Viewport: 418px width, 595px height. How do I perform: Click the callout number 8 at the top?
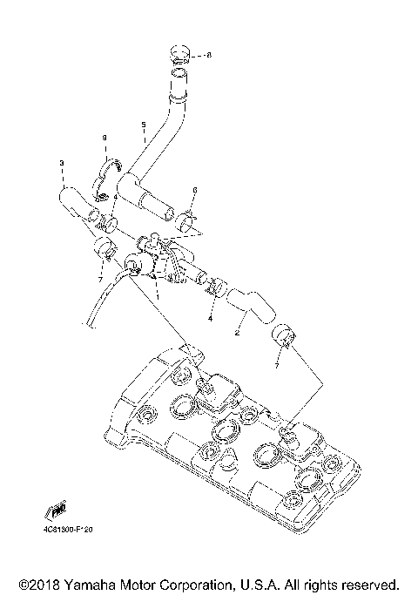[x=208, y=55]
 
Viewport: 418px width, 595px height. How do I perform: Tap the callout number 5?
[x=143, y=125]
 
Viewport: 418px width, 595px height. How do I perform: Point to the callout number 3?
[x=62, y=163]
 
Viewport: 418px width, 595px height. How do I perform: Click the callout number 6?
[x=195, y=190]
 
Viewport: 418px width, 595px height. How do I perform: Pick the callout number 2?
[x=237, y=332]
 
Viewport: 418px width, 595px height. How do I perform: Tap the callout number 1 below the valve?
[x=158, y=294]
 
